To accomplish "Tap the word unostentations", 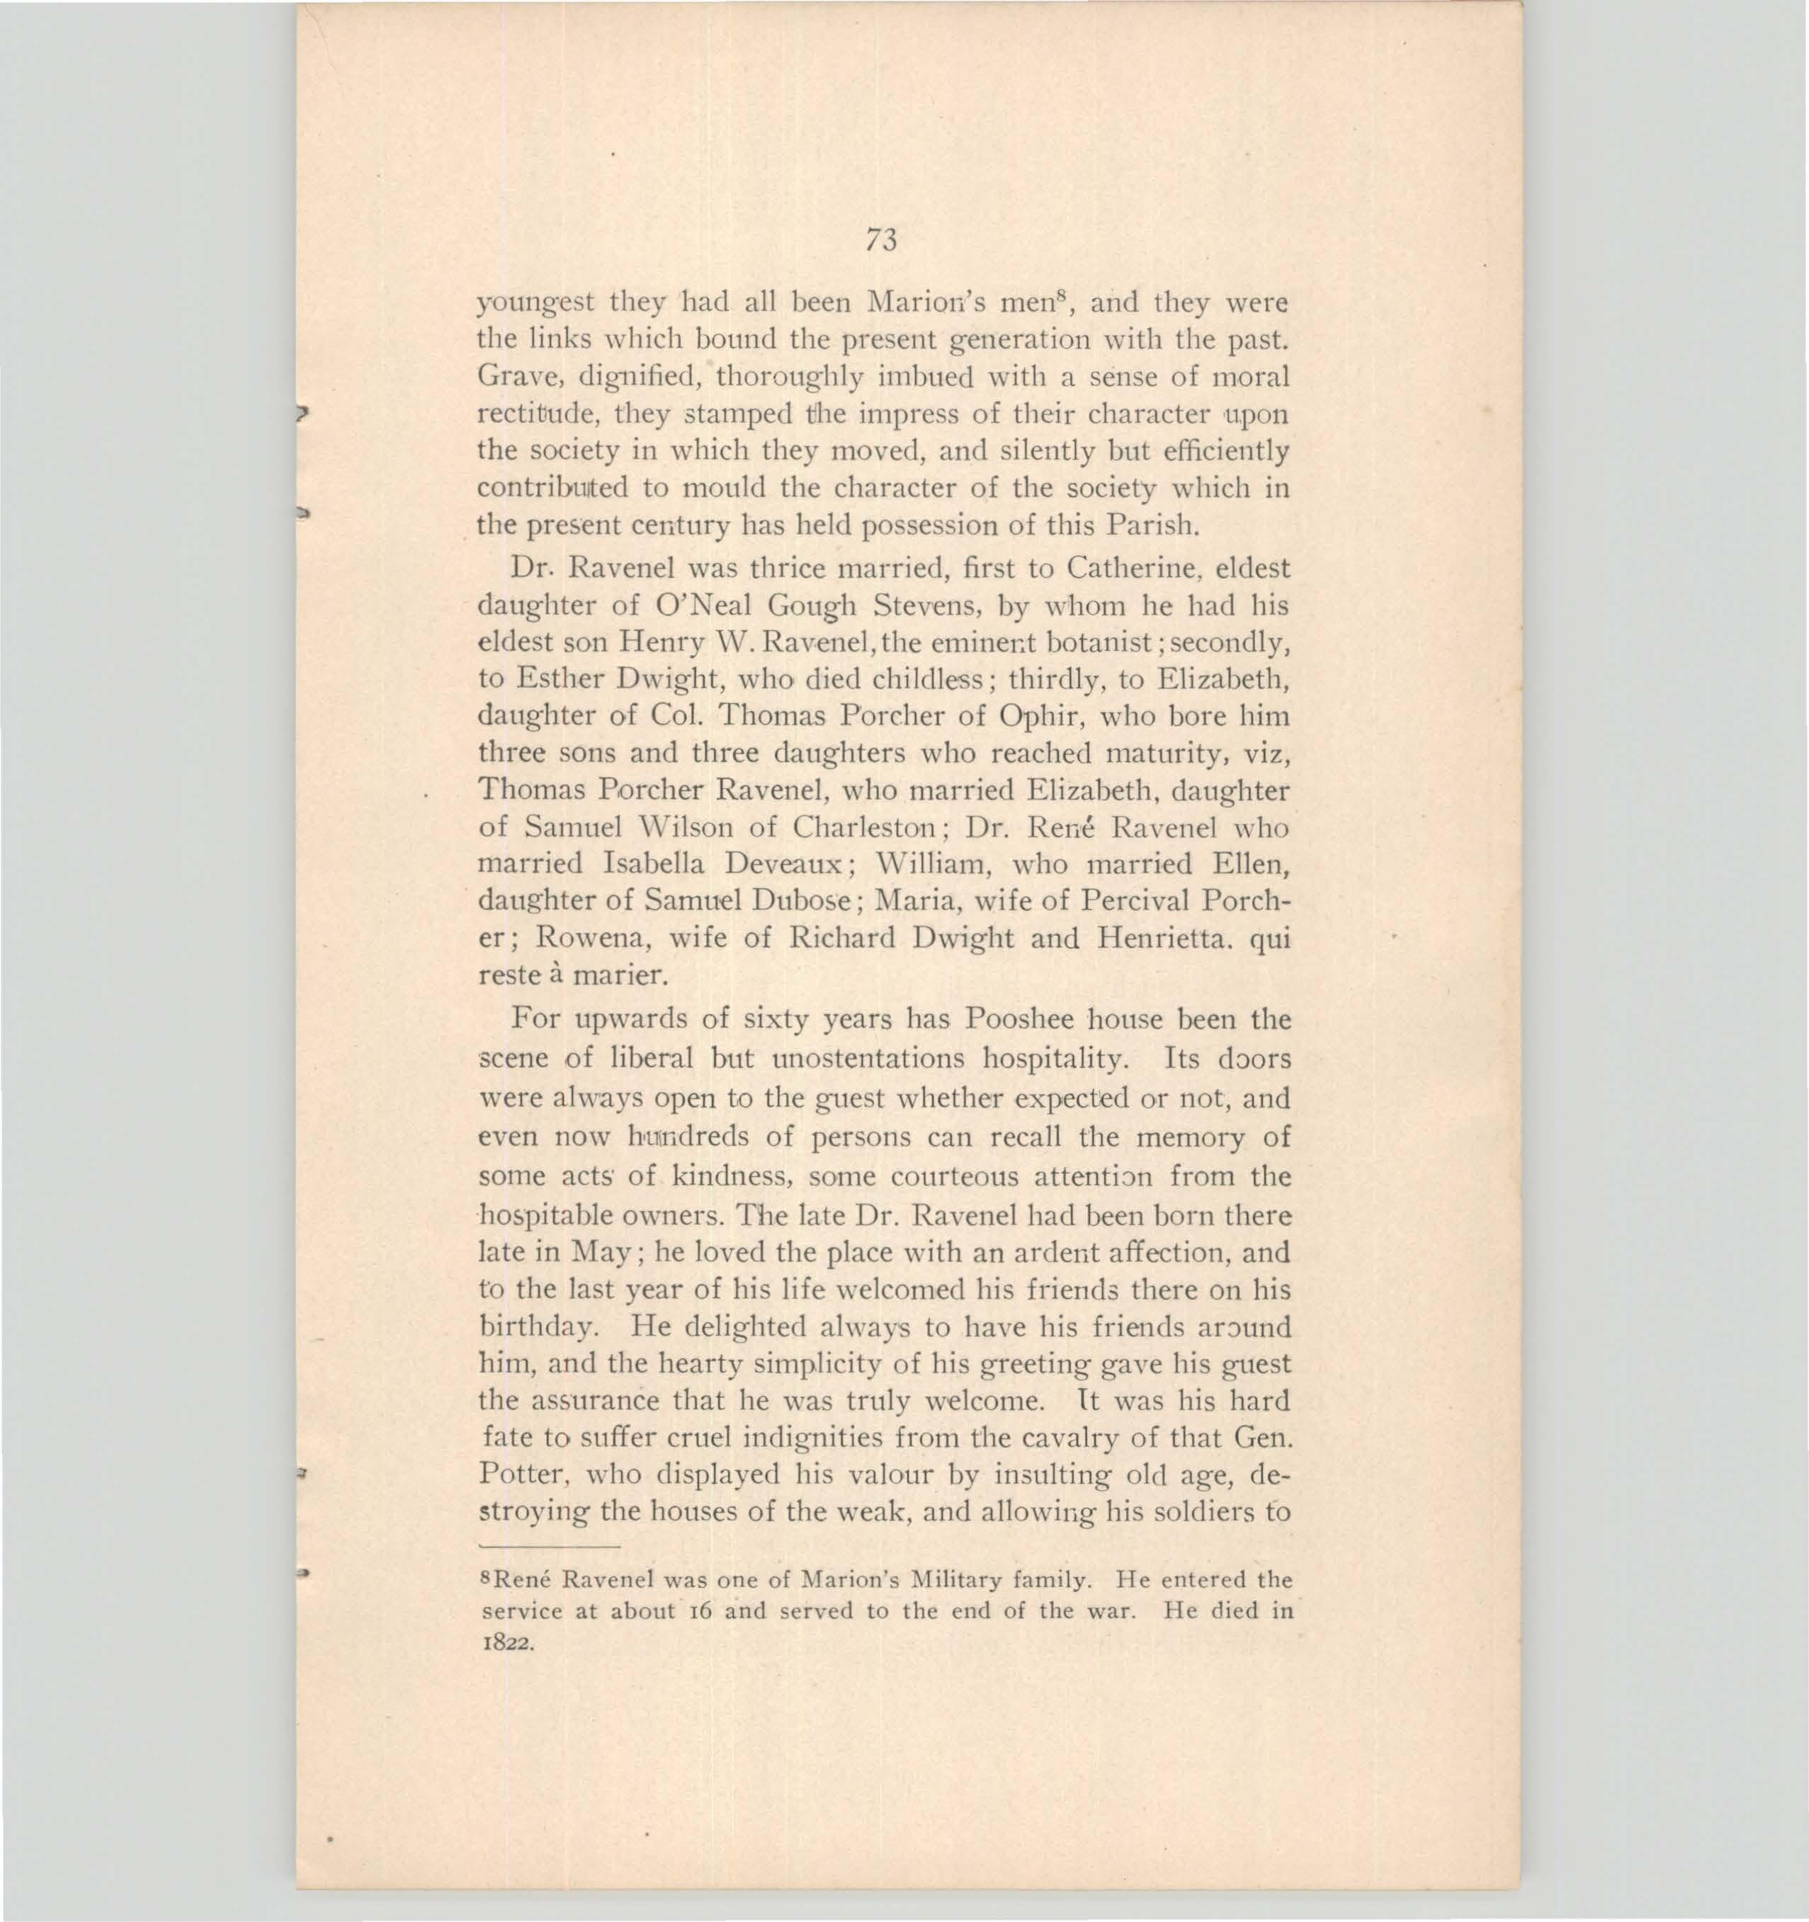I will click(866, 1058).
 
